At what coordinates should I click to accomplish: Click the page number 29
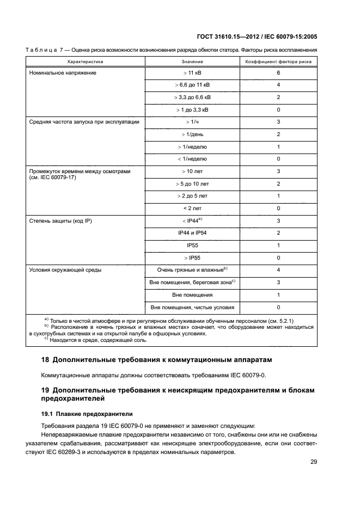coord(314,462)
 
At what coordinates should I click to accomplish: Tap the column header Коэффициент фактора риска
coord(278,62)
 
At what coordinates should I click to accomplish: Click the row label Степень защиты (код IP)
coord(58,221)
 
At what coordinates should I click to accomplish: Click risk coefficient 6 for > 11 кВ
coord(278,72)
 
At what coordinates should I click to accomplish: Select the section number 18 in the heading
coord(45,361)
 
